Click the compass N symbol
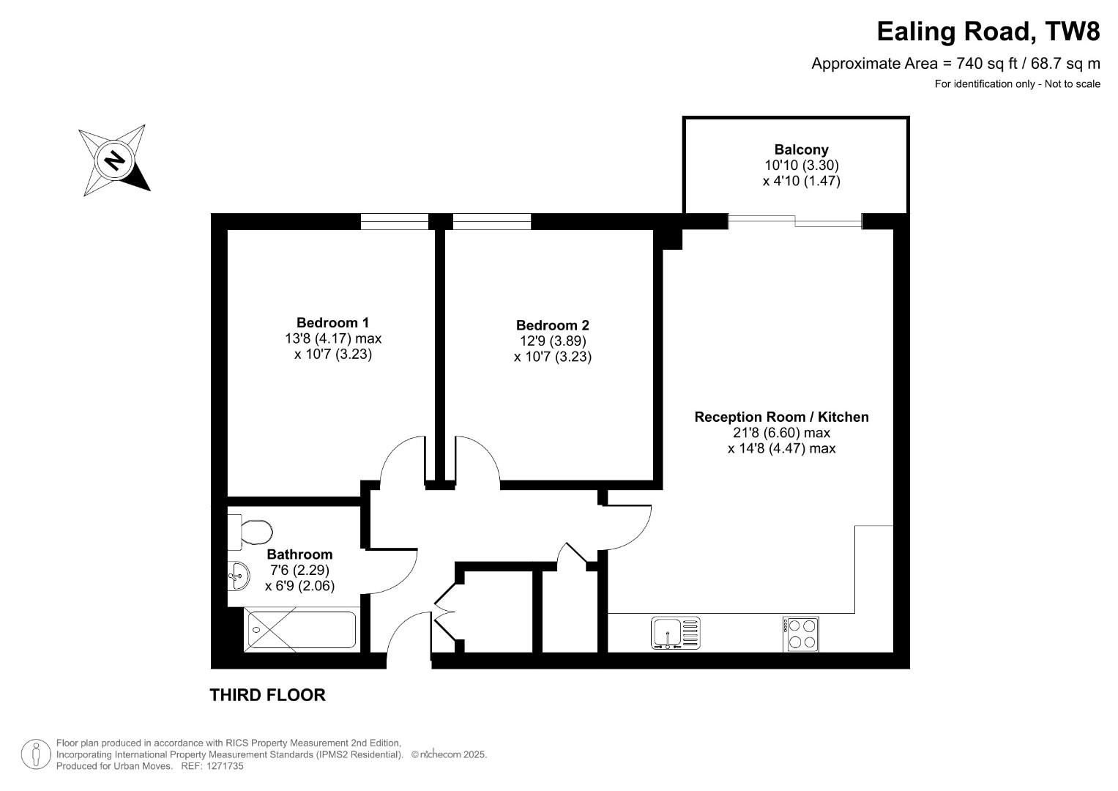click(115, 161)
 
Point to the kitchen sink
click(675, 633)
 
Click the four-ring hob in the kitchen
click(800, 634)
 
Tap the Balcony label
click(801, 149)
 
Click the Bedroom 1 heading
click(332, 322)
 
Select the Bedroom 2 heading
click(553, 326)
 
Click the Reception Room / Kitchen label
click(782, 417)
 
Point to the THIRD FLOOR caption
click(267, 694)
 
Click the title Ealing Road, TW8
click(988, 31)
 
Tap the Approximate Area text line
click(955, 64)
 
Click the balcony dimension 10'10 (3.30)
click(802, 165)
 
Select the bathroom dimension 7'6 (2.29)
click(299, 570)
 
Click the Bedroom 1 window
click(395, 221)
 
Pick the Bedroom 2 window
click(491, 221)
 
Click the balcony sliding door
click(795, 221)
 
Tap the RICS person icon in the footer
click(36, 754)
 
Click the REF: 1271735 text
click(212, 766)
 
